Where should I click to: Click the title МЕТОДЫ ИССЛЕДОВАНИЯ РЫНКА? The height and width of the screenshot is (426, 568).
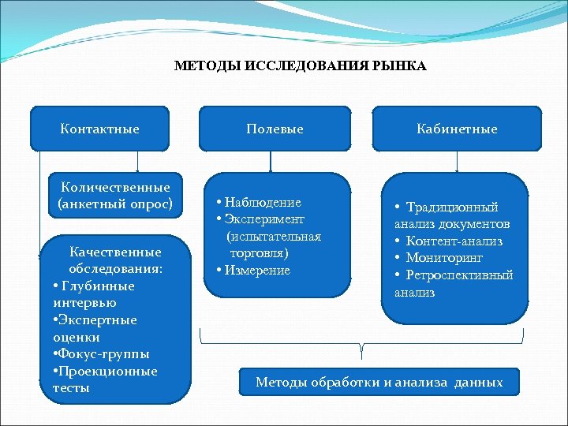pyautogui.click(x=300, y=66)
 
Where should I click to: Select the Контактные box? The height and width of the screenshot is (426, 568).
pyautogui.click(x=99, y=129)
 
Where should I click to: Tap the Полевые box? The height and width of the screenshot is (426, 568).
pyautogui.click(x=275, y=129)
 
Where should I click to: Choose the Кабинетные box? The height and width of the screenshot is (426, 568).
pyautogui.click(x=458, y=129)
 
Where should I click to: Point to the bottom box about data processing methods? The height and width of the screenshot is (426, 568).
pyautogui.click(x=379, y=383)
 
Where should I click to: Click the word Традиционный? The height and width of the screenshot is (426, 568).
pyautogui.click(x=452, y=207)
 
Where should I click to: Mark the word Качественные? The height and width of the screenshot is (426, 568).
pyautogui.click(x=115, y=252)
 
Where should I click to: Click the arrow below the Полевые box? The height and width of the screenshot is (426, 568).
pyautogui.click(x=271, y=163)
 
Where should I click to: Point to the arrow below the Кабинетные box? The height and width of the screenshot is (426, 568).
pyautogui.click(x=458, y=163)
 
